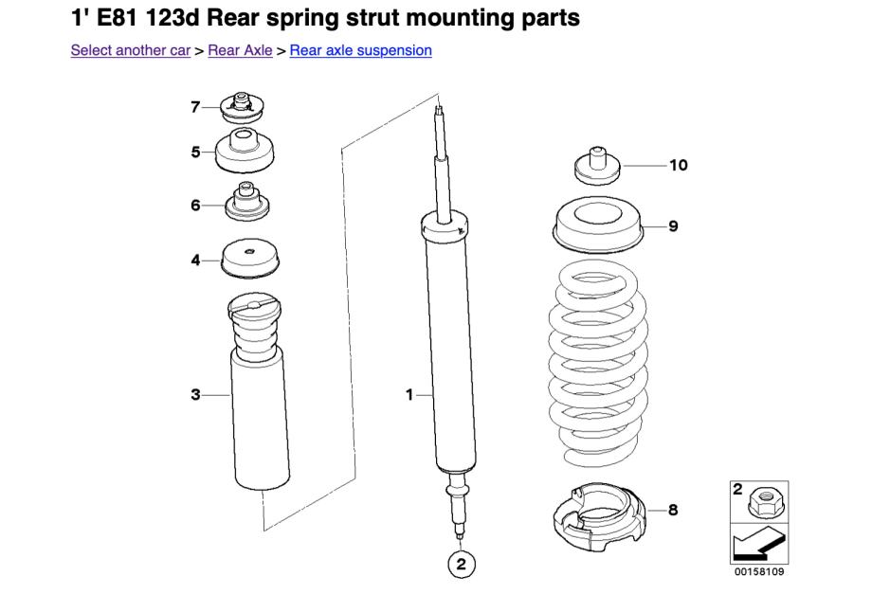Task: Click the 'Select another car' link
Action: [x=130, y=50]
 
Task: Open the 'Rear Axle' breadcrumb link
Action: [x=240, y=50]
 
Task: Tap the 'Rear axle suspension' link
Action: [x=360, y=50]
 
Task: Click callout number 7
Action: [x=195, y=107]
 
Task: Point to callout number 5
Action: [x=195, y=152]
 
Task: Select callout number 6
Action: [x=195, y=205]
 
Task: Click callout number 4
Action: [x=195, y=259]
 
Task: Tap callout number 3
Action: [x=195, y=394]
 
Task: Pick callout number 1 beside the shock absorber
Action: [x=410, y=394]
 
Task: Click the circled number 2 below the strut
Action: [x=461, y=566]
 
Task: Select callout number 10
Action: [x=678, y=166]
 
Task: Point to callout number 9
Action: [x=673, y=226]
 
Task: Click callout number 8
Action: [x=673, y=511]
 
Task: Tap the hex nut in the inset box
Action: [x=764, y=502]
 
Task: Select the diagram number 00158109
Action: [x=760, y=572]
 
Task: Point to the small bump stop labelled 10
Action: [x=597, y=166]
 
